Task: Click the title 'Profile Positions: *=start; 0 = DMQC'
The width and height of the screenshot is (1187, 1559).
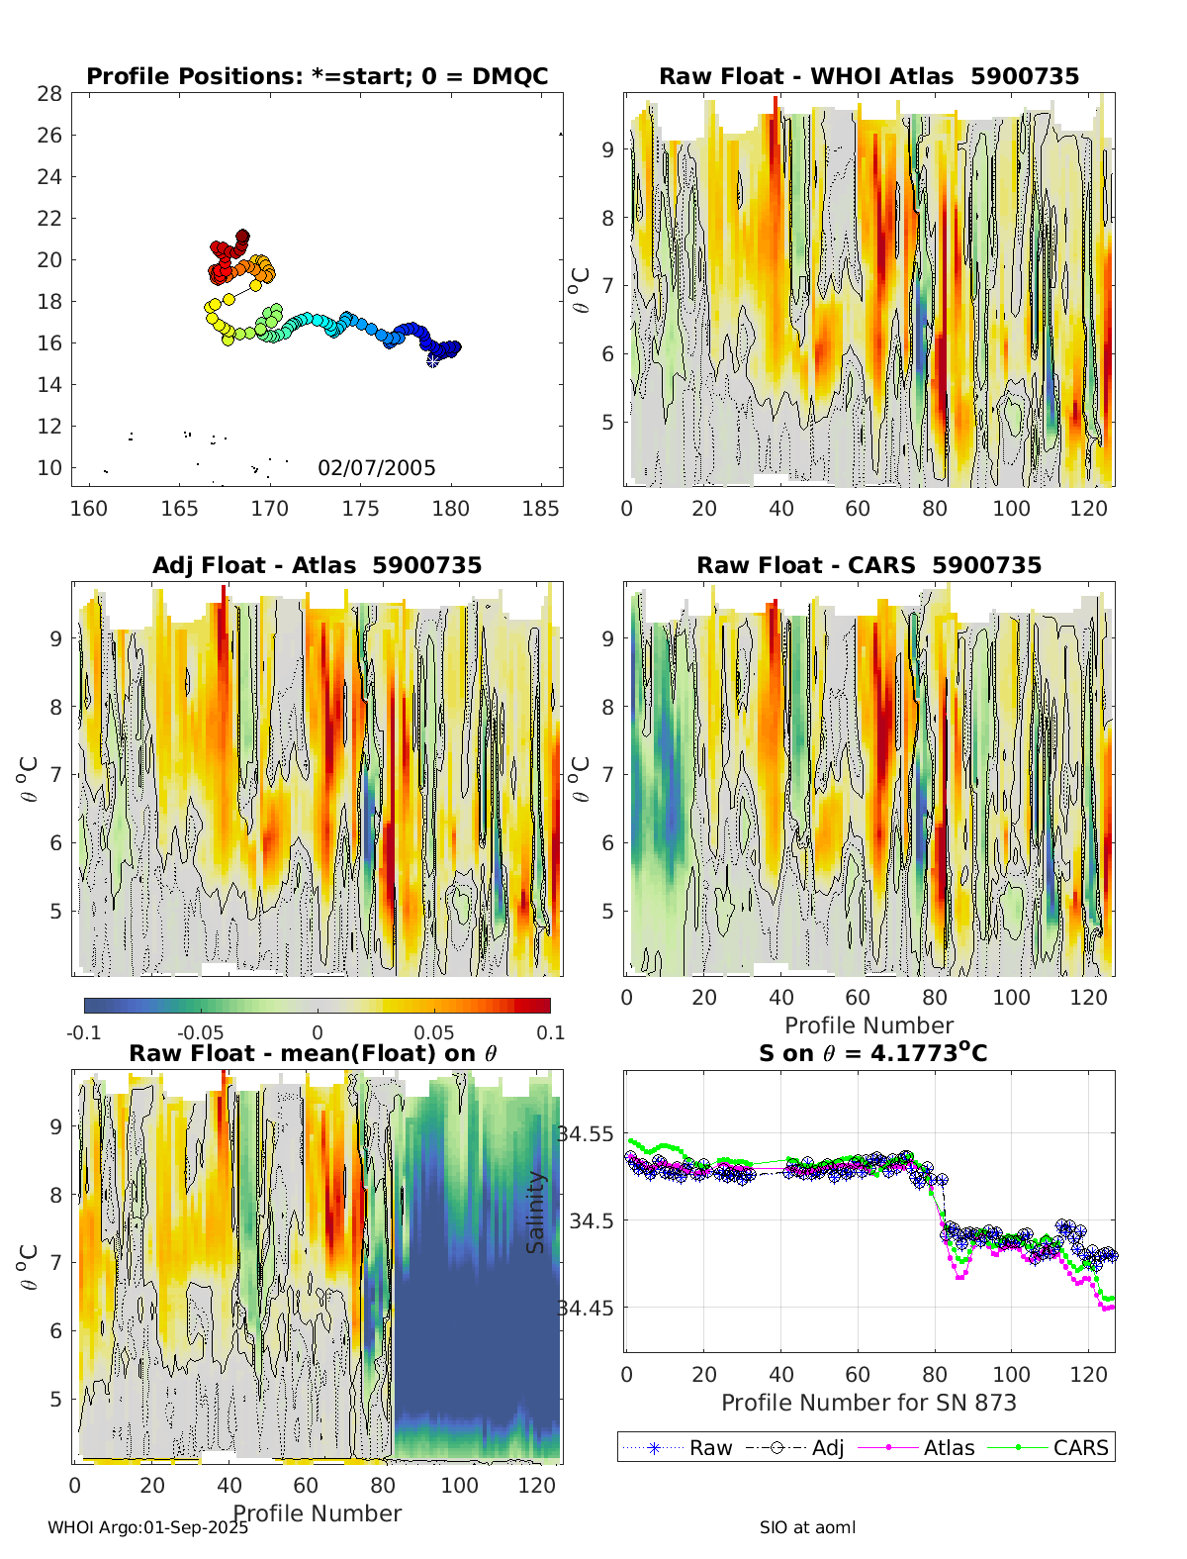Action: [x=317, y=77]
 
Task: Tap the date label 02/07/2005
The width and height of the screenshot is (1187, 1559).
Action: [x=376, y=468]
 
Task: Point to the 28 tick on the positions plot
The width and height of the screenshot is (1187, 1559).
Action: [x=49, y=94]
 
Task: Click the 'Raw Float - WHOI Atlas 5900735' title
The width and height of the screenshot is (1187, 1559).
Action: [x=868, y=77]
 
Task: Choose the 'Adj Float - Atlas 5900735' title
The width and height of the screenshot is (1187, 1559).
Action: [x=317, y=566]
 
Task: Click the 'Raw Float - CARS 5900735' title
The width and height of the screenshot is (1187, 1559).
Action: [x=868, y=566]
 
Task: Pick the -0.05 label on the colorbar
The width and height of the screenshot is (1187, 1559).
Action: [x=201, y=1033]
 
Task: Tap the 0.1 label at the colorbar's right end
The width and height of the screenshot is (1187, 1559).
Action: [x=551, y=1033]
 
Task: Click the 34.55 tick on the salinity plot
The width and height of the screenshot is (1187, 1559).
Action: [x=586, y=1134]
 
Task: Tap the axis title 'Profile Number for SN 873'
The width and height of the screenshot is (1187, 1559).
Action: [x=868, y=1403]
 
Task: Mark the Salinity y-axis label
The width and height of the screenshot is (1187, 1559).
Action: [x=535, y=1213]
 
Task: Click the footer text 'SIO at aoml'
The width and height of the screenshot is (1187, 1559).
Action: [x=807, y=1527]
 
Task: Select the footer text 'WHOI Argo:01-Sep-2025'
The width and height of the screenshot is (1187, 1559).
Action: [x=148, y=1527]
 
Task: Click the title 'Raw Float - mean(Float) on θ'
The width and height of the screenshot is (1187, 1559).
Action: [x=313, y=1054]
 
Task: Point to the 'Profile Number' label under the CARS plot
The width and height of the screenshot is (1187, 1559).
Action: [x=868, y=1025]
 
